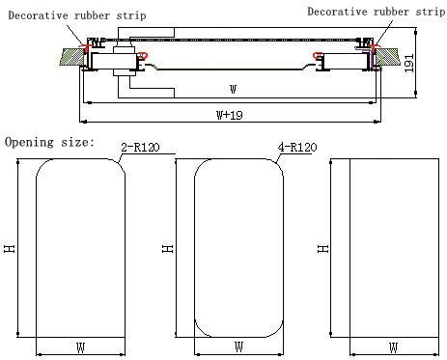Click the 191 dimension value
[408, 63]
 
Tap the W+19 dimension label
[230, 115]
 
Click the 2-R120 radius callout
[140, 148]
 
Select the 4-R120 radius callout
[297, 148]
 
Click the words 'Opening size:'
[50, 142]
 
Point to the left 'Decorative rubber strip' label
[77, 15]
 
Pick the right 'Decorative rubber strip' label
[377, 12]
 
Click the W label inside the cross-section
[234, 89]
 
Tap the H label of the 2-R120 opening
[10, 248]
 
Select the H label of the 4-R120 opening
[167, 248]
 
